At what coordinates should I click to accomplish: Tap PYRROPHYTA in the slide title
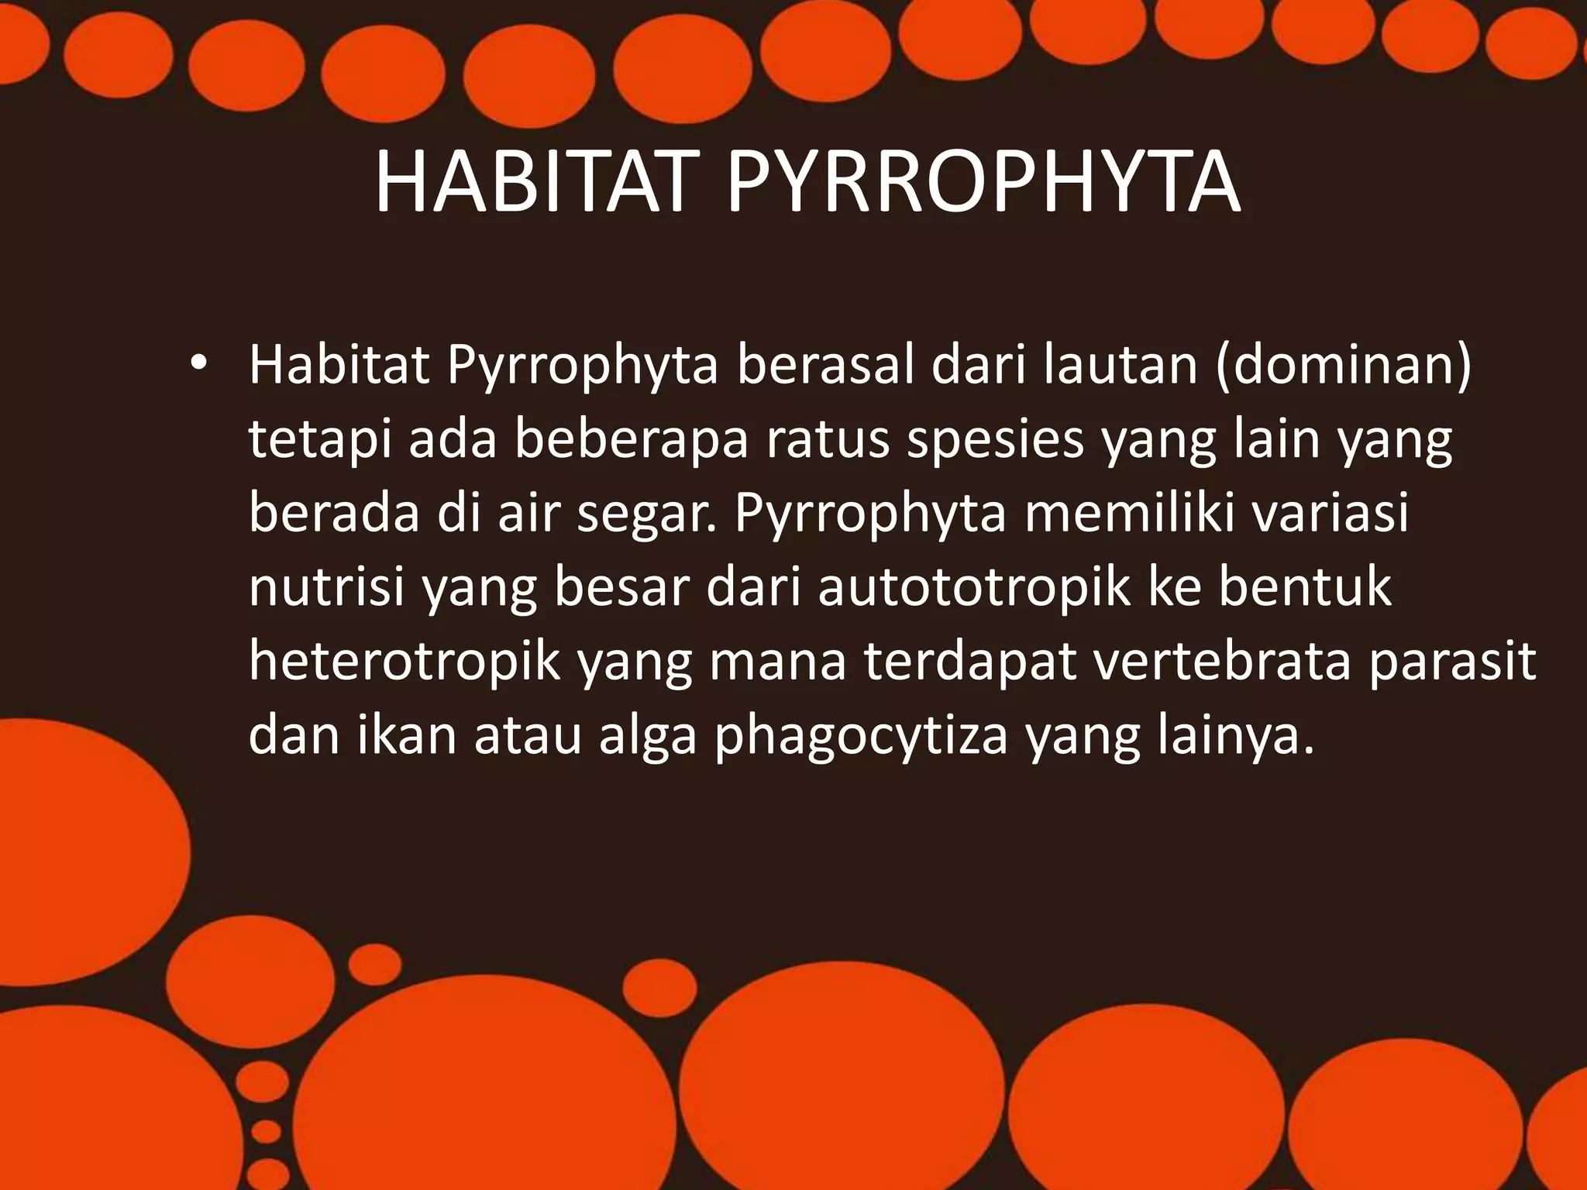tap(983, 184)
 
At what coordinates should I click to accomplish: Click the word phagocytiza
tap(861, 734)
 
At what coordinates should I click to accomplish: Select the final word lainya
tap(1234, 734)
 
